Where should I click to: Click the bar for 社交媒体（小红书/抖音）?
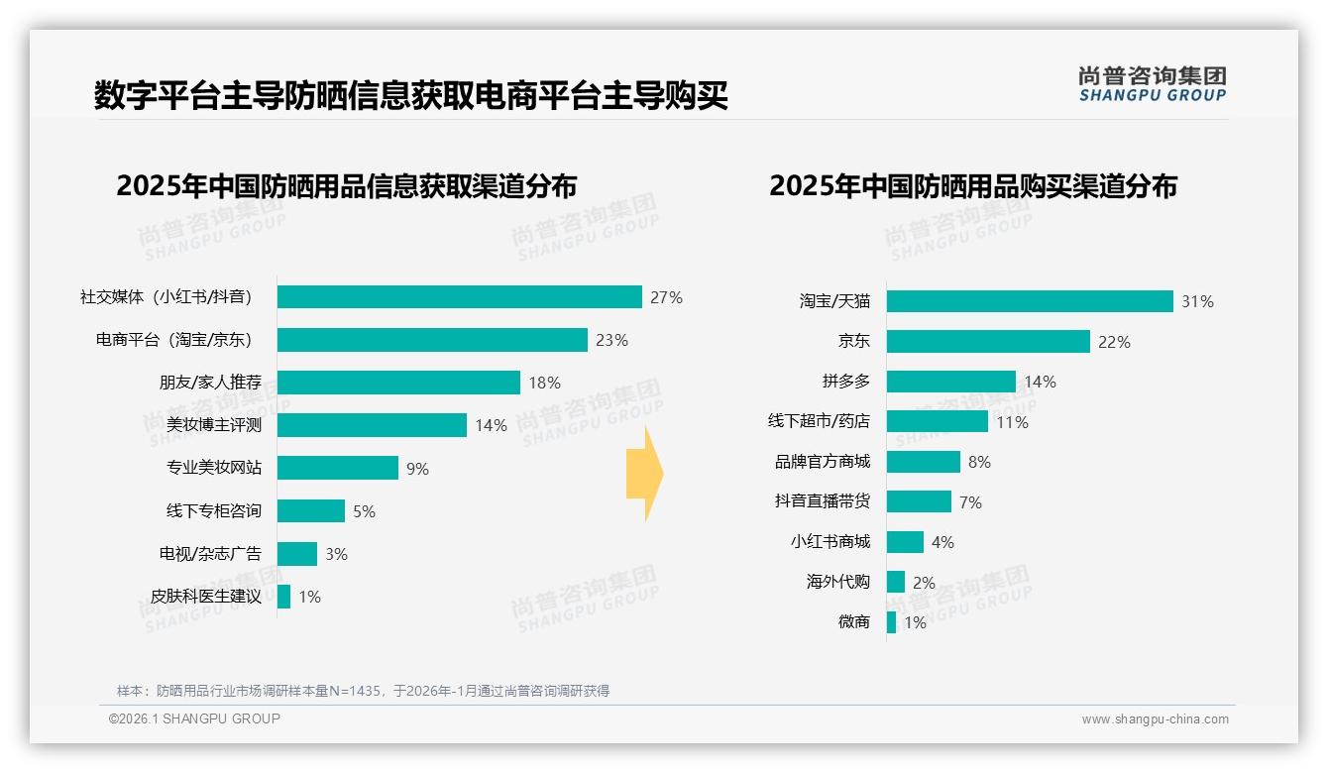click(459, 297)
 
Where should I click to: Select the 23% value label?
click(611, 340)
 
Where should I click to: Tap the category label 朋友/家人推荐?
click(210, 383)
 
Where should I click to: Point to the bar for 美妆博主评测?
click(372, 425)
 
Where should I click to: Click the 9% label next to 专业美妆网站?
click(417, 469)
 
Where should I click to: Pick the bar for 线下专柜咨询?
click(310, 510)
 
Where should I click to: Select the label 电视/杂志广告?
click(210, 553)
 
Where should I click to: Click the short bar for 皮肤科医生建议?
click(283, 597)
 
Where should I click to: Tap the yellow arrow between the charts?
click(645, 474)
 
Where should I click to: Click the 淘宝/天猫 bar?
click(1030, 301)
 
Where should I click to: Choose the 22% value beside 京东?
click(1114, 342)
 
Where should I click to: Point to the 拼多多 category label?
click(845, 382)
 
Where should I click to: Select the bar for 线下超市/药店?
click(937, 421)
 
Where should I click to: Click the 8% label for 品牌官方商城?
click(979, 462)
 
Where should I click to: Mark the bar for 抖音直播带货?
click(919, 501)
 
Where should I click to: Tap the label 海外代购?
click(837, 582)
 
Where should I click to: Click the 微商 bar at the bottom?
click(891, 622)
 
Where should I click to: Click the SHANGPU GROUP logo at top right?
click(1152, 84)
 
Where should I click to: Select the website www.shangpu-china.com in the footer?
click(1155, 719)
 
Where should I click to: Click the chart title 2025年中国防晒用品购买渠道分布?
click(972, 186)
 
